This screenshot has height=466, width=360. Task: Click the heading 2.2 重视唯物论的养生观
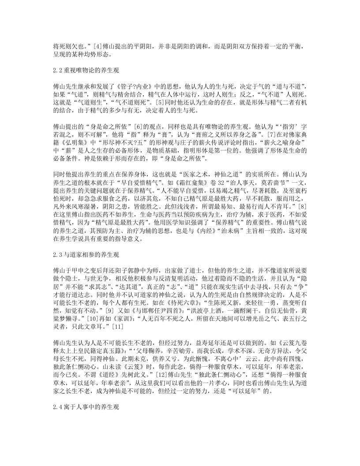click(85, 70)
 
